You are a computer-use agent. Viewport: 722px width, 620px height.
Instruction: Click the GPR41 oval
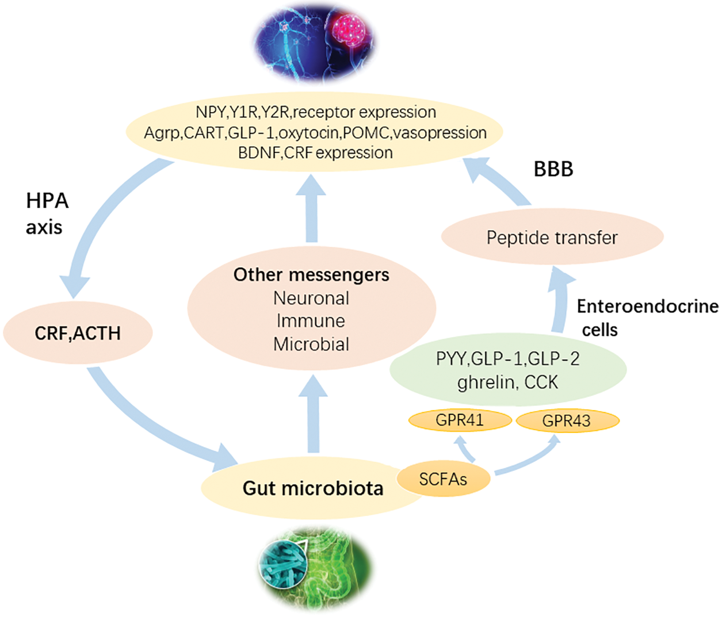(460, 420)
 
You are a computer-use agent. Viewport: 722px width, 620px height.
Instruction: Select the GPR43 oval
(567, 421)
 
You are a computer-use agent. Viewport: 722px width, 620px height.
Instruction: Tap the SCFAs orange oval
(443, 479)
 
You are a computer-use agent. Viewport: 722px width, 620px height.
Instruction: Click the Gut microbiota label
(312, 488)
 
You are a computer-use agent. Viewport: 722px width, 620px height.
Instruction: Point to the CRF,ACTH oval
(78, 333)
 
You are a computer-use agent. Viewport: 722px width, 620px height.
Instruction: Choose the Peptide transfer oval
(552, 238)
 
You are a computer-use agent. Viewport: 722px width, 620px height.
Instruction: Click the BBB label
(553, 169)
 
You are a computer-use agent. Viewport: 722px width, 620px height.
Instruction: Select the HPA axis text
(47, 213)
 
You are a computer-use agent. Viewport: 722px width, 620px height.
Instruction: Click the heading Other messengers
(311, 275)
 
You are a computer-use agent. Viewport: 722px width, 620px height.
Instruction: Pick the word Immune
(311, 321)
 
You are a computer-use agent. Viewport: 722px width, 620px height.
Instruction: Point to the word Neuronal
(311, 298)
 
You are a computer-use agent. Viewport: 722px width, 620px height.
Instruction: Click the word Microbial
(311, 344)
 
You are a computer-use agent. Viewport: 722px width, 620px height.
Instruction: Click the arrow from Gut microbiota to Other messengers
(313, 414)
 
